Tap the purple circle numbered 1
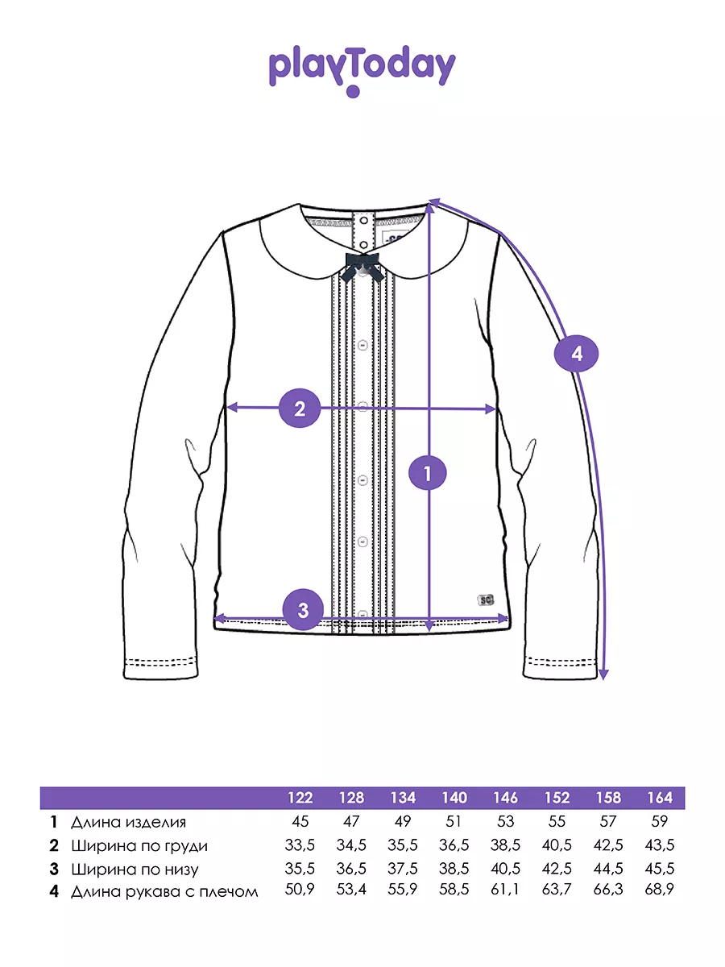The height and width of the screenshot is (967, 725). coord(428,474)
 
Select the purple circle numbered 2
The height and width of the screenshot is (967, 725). coord(300,408)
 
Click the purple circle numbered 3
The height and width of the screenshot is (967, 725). coord(303,610)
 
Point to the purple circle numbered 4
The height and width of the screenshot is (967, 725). coord(576,354)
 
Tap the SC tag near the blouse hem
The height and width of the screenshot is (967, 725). coord(485,600)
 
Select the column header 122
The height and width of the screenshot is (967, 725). coord(300,798)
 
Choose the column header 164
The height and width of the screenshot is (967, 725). coord(660,798)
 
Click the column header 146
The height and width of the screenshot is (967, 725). coord(505,798)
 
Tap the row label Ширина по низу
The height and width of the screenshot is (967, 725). coord(135,869)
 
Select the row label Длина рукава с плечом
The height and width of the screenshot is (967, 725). coord(164,892)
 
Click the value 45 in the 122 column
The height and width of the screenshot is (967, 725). coord(300,821)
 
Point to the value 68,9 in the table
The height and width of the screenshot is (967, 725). coord(660,889)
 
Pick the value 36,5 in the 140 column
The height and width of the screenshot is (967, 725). coord(454,845)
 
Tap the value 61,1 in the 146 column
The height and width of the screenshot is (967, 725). coord(505,889)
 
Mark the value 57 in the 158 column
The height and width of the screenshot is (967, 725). coord(608,821)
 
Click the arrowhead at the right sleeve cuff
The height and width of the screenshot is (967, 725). coord(604,674)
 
